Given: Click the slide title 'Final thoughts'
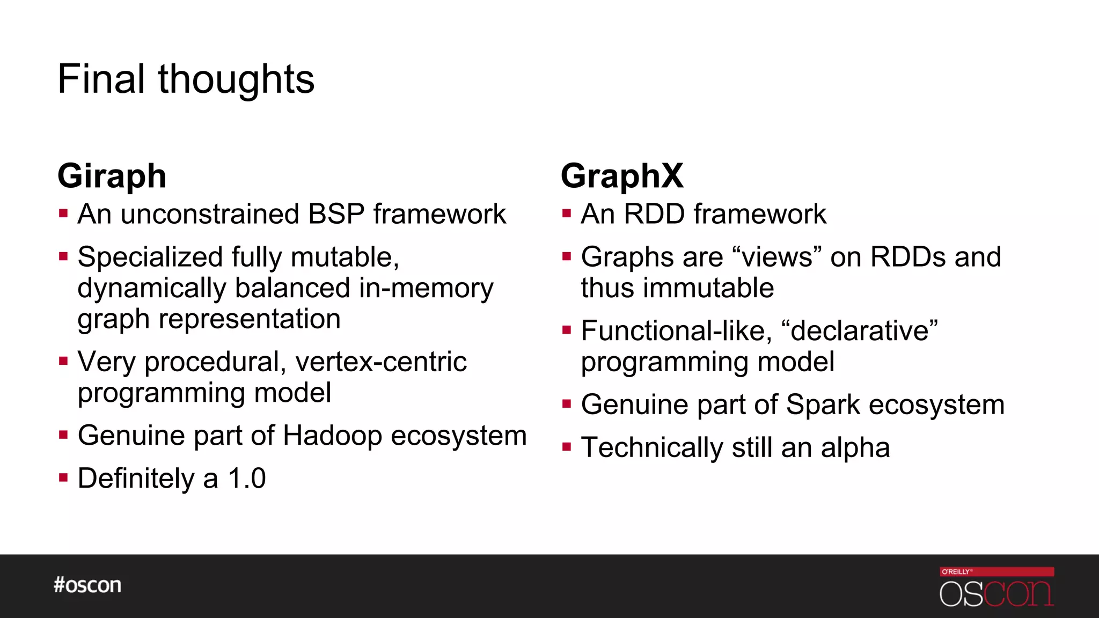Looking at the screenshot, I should pos(186,79).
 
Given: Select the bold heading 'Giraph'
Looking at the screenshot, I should pos(112,176).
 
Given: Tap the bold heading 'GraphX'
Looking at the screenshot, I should pos(622,176).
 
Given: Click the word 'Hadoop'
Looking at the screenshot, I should pos(332,435).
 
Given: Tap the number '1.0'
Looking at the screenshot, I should pos(247,478).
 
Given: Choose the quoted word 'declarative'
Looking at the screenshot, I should pos(860,330).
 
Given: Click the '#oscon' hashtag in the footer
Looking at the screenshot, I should pos(87,585).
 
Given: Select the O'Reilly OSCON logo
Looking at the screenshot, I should pos(997,587).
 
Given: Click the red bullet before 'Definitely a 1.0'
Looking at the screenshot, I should pos(63,477).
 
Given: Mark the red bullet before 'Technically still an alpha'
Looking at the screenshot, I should pos(567,446).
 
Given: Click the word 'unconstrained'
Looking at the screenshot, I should pos(210,214).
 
